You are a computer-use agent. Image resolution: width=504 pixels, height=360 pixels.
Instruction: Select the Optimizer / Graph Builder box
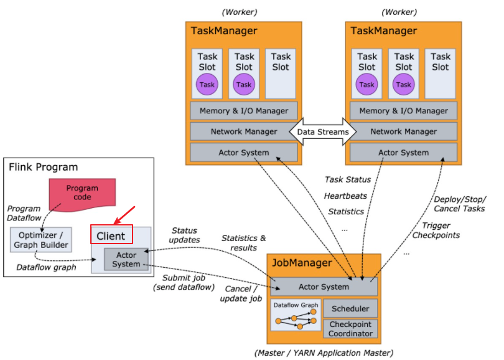click(41, 240)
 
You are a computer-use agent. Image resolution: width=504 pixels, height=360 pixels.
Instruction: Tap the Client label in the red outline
click(111, 236)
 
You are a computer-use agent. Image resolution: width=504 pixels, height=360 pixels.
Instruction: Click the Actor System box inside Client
click(126, 259)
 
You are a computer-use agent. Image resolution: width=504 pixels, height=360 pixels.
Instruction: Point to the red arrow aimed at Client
click(124, 216)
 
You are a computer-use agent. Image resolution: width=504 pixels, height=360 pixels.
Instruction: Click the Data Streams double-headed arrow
click(323, 131)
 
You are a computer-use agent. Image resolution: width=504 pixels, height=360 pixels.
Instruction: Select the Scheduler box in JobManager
click(350, 308)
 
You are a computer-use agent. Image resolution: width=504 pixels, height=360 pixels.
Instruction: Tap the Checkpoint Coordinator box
click(350, 329)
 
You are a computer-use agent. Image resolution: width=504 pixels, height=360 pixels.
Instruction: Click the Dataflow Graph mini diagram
click(296, 316)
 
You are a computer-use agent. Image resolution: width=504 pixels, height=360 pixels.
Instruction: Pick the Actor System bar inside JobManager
click(324, 287)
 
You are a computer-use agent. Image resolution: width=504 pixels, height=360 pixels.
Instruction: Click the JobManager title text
click(302, 263)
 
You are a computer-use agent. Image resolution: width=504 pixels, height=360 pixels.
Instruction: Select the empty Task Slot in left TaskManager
click(281, 73)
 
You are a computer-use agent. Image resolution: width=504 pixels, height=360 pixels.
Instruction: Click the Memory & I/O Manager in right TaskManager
click(403, 111)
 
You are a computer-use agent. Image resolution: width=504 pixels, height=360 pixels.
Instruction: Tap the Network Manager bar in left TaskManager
click(244, 131)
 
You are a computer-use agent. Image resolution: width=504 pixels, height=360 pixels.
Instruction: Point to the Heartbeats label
click(345, 196)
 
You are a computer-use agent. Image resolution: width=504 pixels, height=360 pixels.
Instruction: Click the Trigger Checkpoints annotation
click(436, 230)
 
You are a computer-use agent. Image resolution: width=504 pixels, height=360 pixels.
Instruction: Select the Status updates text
click(184, 235)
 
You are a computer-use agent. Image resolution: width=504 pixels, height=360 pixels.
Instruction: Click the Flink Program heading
click(44, 167)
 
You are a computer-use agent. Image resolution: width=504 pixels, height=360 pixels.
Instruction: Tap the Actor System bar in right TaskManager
click(403, 152)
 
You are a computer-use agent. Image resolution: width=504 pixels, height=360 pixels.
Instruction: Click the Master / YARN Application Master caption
click(324, 353)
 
